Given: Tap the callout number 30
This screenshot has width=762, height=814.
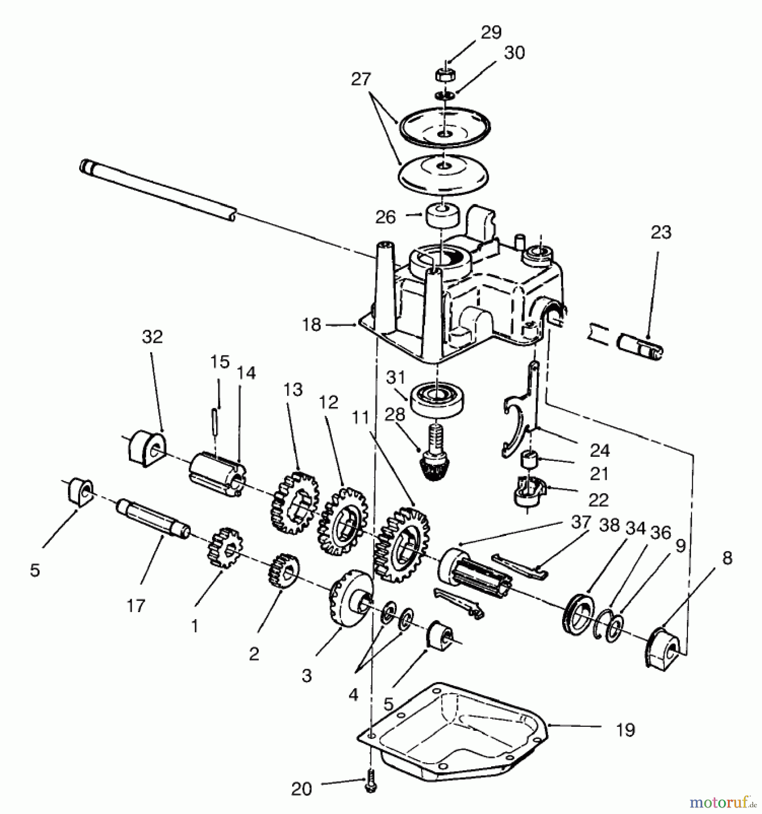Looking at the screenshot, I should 514,53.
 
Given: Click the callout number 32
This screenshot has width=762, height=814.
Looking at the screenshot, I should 152,337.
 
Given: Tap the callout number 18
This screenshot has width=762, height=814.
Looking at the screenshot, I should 312,325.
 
